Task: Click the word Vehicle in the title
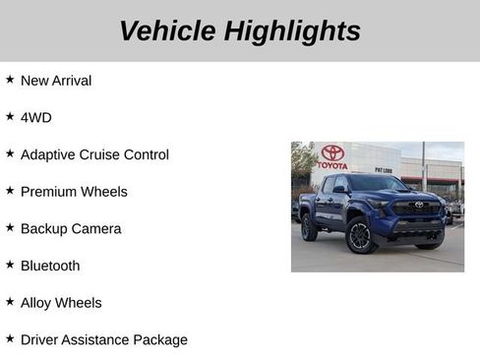tap(167, 31)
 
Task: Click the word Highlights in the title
tap(292, 31)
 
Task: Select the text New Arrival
tap(56, 81)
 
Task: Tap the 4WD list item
tap(36, 117)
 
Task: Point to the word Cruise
tap(114, 154)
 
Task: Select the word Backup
tap(45, 229)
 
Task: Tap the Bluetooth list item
tap(50, 266)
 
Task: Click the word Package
tap(161, 340)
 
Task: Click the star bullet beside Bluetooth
tap(10, 265)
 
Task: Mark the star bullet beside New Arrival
tap(10, 80)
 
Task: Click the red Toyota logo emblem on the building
tap(332, 152)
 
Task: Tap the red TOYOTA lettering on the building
tap(332, 165)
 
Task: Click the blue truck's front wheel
tap(359, 236)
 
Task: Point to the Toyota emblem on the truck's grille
tap(419, 206)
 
